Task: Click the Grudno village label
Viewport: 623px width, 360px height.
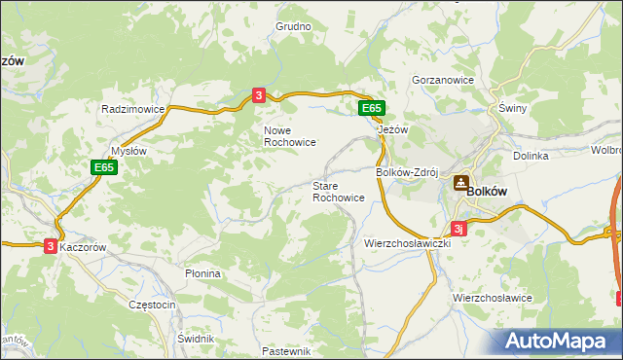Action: tap(292, 27)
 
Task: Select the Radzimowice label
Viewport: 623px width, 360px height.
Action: tap(132, 110)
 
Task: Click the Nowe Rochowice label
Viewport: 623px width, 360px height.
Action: tap(289, 135)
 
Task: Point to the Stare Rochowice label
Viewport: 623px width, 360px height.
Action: tap(338, 191)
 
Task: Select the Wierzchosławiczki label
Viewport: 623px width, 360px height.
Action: tap(408, 243)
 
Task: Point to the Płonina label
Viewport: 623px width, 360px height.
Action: tap(203, 274)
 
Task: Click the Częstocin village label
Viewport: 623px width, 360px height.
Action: tap(152, 305)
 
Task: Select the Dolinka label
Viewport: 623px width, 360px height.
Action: tap(531, 156)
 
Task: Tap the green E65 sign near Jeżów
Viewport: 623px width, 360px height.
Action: tap(371, 108)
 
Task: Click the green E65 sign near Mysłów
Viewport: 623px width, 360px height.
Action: tap(106, 167)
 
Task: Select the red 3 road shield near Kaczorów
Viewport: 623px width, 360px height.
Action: tap(51, 247)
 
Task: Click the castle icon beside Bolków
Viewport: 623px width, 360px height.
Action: tap(460, 181)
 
